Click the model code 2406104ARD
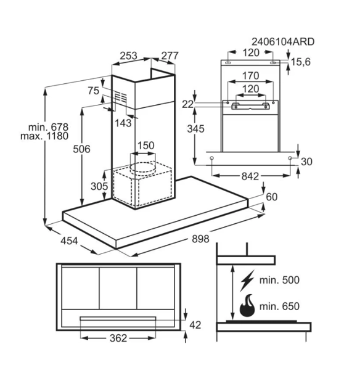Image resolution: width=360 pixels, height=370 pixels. click(x=283, y=42)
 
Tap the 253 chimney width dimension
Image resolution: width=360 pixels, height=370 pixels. click(x=129, y=55)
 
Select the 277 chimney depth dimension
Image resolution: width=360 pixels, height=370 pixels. click(x=170, y=55)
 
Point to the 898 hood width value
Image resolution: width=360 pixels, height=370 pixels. click(x=200, y=239)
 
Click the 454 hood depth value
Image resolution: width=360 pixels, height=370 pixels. click(x=69, y=241)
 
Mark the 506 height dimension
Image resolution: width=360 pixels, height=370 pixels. click(x=81, y=149)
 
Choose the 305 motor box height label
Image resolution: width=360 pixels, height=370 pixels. click(x=99, y=186)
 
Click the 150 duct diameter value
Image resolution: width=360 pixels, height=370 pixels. click(x=146, y=146)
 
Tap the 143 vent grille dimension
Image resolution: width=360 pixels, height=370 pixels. click(x=123, y=123)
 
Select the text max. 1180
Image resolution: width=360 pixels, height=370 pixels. click(x=44, y=136)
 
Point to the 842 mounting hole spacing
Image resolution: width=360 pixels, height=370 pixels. click(x=250, y=176)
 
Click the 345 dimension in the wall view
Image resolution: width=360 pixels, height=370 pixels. click(x=196, y=129)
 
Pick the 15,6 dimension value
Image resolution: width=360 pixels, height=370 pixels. click(x=301, y=62)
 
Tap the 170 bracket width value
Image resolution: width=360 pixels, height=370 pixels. click(x=251, y=76)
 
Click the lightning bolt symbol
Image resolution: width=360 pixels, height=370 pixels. click(x=247, y=281)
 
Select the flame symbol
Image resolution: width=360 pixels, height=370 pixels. click(x=247, y=306)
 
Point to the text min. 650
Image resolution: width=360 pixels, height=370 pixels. click(x=279, y=306)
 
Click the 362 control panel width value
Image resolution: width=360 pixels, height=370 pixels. click(x=118, y=339)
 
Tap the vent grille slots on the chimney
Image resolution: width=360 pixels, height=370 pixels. click(x=121, y=97)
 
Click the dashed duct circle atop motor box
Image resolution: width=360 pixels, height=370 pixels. click(x=143, y=167)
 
